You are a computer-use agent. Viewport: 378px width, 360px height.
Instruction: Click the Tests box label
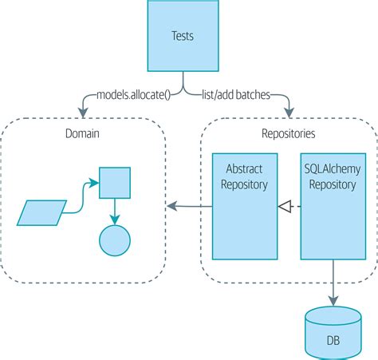183,36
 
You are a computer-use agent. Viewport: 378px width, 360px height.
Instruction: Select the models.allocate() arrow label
133,95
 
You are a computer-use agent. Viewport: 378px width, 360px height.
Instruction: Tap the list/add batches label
236,95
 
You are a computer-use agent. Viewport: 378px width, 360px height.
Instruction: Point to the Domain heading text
82,133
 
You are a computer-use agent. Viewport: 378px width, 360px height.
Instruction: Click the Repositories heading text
289,133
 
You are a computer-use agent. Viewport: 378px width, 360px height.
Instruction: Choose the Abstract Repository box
245,206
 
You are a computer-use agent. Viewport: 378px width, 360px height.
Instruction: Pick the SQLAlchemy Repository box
333,206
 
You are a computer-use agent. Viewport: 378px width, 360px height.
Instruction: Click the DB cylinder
333,333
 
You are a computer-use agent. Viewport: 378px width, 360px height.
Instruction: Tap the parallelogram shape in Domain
41,213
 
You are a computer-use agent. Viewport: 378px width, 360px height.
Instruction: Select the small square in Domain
115,183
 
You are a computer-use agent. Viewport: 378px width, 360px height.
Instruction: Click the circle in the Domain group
115,240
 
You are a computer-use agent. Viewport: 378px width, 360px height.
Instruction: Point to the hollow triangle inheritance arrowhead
285,206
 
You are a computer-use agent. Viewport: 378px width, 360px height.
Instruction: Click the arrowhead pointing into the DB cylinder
333,301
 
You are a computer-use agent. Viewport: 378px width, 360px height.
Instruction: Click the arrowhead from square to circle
115,220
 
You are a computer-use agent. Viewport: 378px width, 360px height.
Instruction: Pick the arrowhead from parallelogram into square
93,183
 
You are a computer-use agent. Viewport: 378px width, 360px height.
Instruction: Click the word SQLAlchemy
333,169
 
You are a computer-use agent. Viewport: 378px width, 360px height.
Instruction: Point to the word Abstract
244,169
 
